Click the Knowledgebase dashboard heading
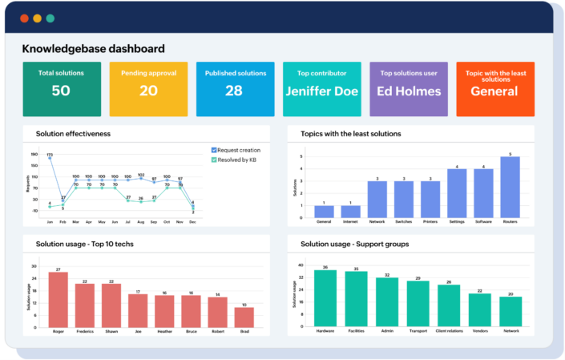point(94,49)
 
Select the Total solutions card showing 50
point(61,89)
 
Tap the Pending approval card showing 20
point(148,89)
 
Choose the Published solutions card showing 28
point(234,89)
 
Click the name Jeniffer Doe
point(321,91)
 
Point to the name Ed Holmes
point(409,91)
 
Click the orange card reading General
point(494,91)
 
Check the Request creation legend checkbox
point(214,150)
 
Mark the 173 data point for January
point(50,159)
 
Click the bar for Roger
point(58,297)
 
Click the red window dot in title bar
point(25,18)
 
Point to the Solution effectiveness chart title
point(73,133)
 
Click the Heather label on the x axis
point(164,330)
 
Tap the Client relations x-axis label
point(449,330)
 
